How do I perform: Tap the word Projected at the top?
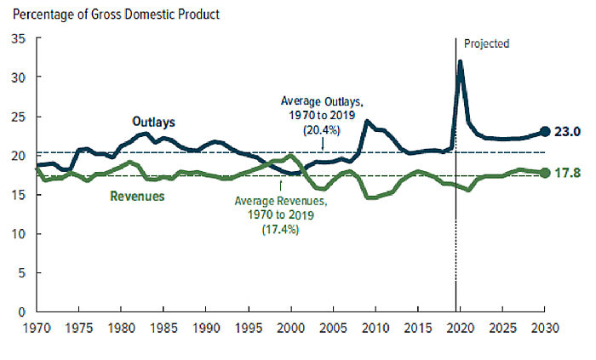[x=486, y=43]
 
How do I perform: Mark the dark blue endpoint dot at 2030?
[x=544, y=132]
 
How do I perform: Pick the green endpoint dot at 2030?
[x=544, y=173]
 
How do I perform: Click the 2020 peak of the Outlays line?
[x=461, y=62]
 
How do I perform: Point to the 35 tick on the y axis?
[x=18, y=38]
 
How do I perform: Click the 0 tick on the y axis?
[x=21, y=311]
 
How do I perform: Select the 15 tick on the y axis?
[x=18, y=194]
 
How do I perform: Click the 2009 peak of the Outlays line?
[x=367, y=121]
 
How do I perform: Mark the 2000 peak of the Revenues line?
[x=290, y=156]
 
